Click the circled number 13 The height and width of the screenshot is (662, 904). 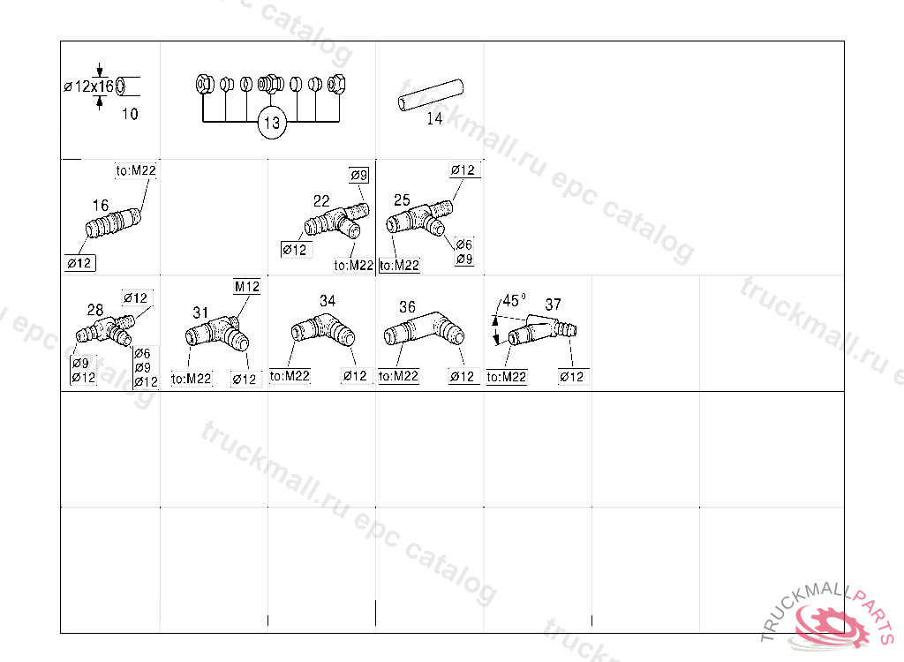pos(272,123)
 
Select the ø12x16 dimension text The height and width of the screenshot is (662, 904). pos(89,87)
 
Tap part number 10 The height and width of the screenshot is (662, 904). pos(130,114)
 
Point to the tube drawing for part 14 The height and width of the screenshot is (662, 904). pos(431,94)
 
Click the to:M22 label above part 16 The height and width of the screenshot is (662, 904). pos(135,170)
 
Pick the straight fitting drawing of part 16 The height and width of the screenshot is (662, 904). pos(113,223)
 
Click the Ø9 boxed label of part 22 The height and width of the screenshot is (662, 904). pos(358,176)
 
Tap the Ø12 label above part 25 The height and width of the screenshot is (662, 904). pos(463,170)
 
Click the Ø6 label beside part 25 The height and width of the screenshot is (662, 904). pos(464,244)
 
